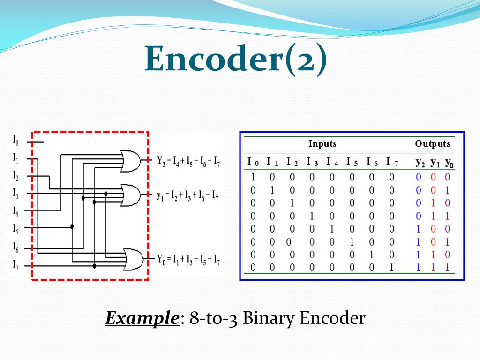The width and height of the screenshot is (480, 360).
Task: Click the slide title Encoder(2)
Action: click(236, 59)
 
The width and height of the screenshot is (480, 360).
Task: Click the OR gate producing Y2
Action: click(130, 160)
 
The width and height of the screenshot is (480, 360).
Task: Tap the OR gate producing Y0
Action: click(133, 258)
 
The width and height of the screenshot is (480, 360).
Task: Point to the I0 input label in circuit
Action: click(15, 140)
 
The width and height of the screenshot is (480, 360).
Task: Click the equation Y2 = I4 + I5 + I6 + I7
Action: click(189, 162)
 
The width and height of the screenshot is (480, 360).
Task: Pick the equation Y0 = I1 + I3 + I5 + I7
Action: click(189, 258)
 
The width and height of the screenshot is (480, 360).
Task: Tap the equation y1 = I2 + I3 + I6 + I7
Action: click(187, 195)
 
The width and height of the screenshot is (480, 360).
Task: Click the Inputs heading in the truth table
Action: click(322, 144)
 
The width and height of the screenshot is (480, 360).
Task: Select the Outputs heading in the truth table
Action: click(432, 144)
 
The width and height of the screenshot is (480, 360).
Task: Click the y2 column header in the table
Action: click(420, 163)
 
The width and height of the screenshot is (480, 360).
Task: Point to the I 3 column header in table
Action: click(312, 162)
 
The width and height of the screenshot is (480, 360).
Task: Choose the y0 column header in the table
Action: click(449, 163)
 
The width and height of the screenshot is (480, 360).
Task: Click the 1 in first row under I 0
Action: click(253, 178)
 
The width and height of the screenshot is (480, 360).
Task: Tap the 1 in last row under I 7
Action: click(392, 268)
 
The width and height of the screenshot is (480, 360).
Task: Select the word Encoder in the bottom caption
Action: click(332, 319)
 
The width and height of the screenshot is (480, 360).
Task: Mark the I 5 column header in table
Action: click(352, 162)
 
